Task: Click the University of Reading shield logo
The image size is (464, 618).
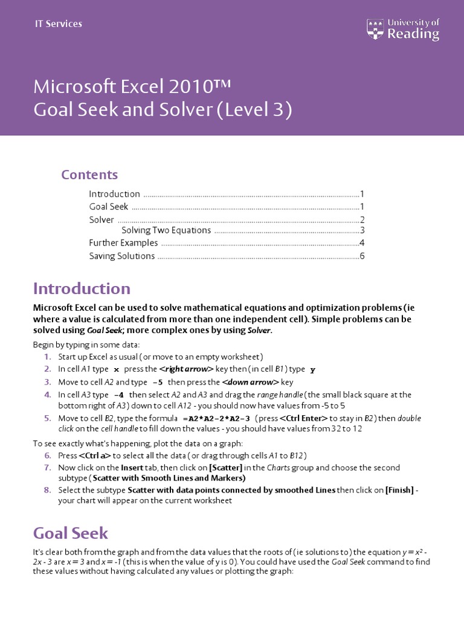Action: (375, 28)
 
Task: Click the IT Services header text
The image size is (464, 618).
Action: (58, 24)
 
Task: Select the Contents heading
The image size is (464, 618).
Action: (89, 174)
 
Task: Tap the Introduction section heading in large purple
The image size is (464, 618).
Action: (82, 288)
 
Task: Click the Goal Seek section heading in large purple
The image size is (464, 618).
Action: (71, 533)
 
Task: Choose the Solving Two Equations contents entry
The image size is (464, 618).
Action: (166, 230)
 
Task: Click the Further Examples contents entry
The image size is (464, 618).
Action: (123, 243)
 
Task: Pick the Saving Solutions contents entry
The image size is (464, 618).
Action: (122, 256)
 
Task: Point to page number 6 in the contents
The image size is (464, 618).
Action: (362, 256)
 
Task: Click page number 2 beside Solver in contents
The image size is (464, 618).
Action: (362, 220)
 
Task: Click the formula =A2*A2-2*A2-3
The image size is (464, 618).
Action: (216, 418)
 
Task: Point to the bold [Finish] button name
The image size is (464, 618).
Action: (399, 490)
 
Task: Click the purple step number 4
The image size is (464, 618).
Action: (48, 395)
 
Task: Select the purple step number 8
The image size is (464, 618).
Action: (48, 490)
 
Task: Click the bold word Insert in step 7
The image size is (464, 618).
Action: (132, 468)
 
